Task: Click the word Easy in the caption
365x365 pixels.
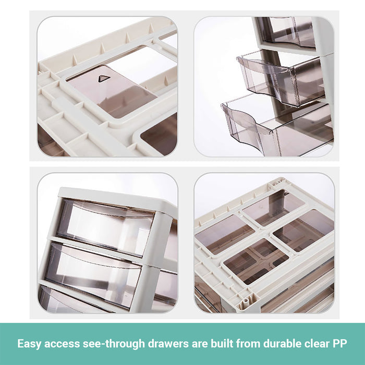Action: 29,344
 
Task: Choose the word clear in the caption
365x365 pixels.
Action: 317,344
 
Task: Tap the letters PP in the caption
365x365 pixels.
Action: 339,344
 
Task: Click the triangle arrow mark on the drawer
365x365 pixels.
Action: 104,78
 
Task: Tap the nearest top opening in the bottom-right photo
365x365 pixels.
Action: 256,261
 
